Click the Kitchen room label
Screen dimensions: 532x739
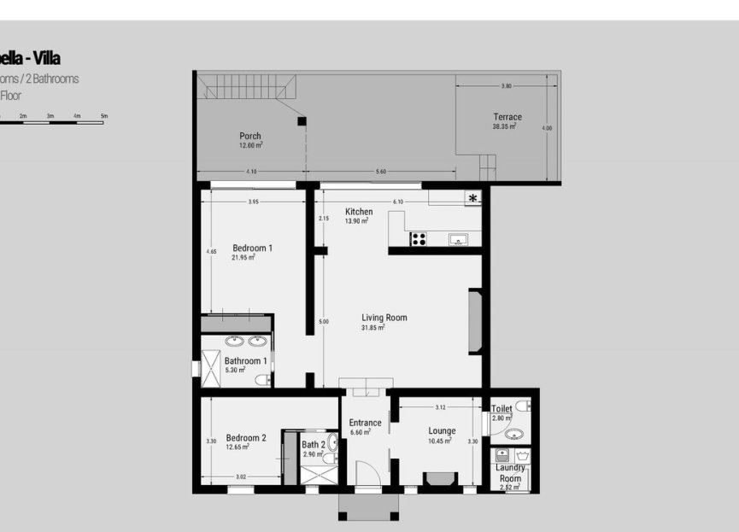pyautogui.click(x=359, y=212)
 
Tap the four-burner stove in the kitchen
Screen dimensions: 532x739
pyautogui.click(x=419, y=239)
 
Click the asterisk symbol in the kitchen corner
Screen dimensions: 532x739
pyautogui.click(x=472, y=198)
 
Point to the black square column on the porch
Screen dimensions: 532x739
pyautogui.click(x=301, y=121)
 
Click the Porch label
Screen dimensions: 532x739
pyautogui.click(x=250, y=136)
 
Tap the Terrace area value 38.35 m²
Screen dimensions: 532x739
pyautogui.click(x=507, y=126)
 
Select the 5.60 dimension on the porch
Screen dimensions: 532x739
pyautogui.click(x=380, y=172)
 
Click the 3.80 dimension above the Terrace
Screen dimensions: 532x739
pyautogui.click(x=506, y=86)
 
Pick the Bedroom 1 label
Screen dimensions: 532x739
pyautogui.click(x=252, y=248)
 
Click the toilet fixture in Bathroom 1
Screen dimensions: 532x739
pyautogui.click(x=262, y=380)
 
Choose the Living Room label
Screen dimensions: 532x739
pyautogui.click(x=384, y=318)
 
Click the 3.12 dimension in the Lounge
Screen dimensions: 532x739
pyautogui.click(x=440, y=407)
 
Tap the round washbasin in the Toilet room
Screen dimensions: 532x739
pyautogui.click(x=512, y=434)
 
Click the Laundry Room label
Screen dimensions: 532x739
pyautogui.click(x=510, y=473)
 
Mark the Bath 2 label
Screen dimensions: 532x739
pyautogui.click(x=313, y=445)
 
